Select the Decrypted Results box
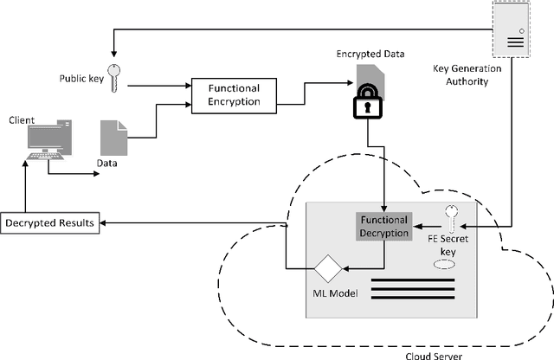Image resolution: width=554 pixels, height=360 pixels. click(x=50, y=224)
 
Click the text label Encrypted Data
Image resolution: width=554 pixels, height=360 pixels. click(x=370, y=54)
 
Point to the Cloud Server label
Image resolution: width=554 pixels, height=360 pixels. click(x=432, y=353)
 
